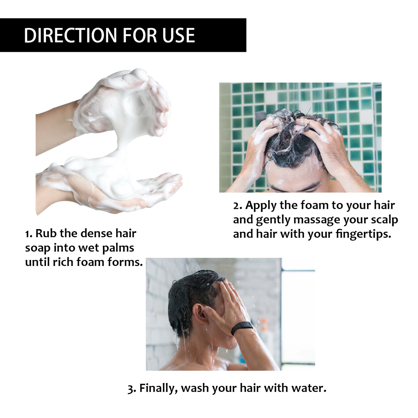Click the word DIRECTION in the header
pyautogui.click(x=70, y=35)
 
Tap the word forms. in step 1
pyautogui.click(x=125, y=262)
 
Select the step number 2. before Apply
pyautogui.click(x=237, y=206)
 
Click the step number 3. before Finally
pyautogui.click(x=132, y=388)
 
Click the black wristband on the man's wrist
pyautogui.click(x=242, y=328)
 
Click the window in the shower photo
pyautogui.click(x=298, y=315)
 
